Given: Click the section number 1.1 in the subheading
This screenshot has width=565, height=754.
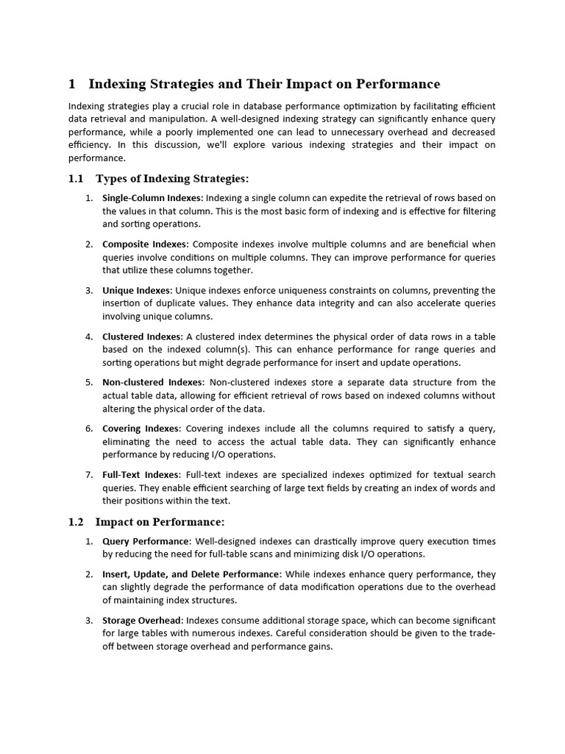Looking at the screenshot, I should [77, 179].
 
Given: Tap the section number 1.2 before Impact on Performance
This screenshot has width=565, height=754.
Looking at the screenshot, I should [77, 522].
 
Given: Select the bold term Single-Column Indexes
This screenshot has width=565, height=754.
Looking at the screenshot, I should [152, 198].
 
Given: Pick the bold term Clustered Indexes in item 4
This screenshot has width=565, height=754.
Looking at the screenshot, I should [141, 337].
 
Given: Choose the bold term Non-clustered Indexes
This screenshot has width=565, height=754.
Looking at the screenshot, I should [152, 382].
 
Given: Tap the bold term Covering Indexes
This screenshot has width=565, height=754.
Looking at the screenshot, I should [141, 429].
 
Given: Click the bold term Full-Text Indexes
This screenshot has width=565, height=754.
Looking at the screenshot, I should [141, 475].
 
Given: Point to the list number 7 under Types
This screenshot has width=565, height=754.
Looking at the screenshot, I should [88, 475].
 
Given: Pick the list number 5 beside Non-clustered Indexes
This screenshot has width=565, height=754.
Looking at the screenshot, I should [88, 382].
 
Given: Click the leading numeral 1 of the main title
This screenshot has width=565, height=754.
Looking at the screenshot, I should [72, 84].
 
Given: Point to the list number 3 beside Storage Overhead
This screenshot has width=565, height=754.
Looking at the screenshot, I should [88, 621].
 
